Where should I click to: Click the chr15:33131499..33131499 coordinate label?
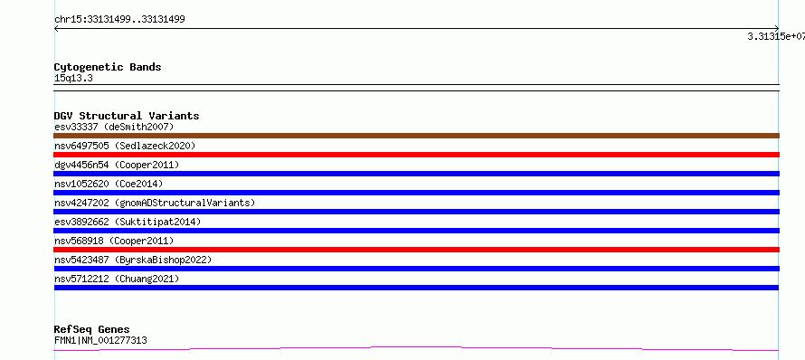(x=119, y=20)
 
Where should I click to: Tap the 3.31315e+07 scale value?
(x=776, y=36)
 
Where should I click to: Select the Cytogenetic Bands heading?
(x=108, y=67)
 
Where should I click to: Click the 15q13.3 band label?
(x=73, y=79)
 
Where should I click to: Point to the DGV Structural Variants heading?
(x=127, y=116)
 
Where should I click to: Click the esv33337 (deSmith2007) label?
(x=115, y=127)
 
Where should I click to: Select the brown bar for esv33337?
(x=416, y=136)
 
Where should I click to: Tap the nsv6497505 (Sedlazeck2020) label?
(x=125, y=146)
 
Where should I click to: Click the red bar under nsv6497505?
(x=416, y=155)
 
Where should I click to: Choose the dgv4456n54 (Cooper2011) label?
(x=117, y=165)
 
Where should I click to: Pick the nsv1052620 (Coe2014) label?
(x=109, y=184)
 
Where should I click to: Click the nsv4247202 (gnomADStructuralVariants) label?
(x=155, y=203)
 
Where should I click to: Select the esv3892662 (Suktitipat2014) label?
(x=128, y=222)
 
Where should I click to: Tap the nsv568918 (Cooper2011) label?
(x=114, y=241)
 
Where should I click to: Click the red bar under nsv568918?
(x=416, y=250)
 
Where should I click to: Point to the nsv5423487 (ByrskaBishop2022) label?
(x=133, y=260)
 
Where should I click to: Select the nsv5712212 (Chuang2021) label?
(x=117, y=279)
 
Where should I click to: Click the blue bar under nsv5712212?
(x=416, y=288)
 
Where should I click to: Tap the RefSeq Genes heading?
(x=92, y=330)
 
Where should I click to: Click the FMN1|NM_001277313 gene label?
(x=100, y=340)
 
